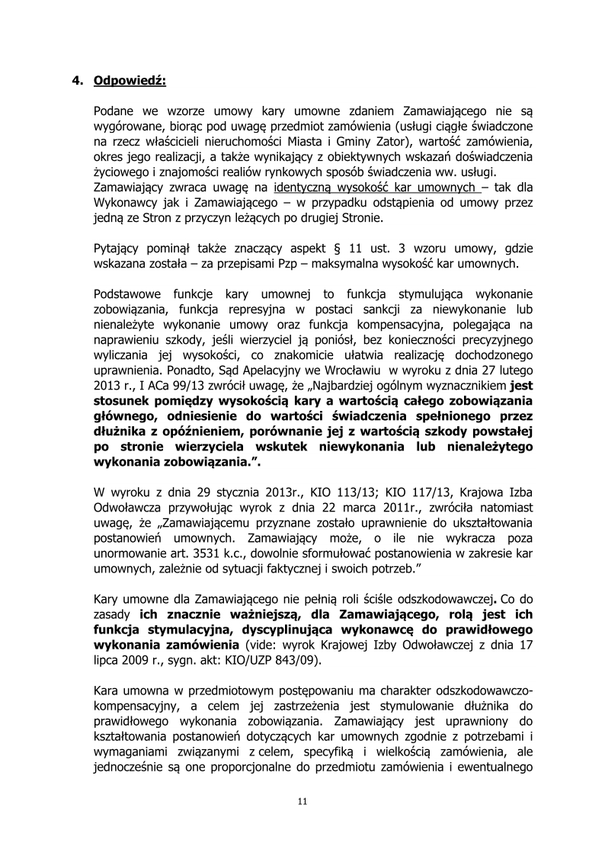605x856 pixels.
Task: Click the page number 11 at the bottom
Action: coord(302,801)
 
